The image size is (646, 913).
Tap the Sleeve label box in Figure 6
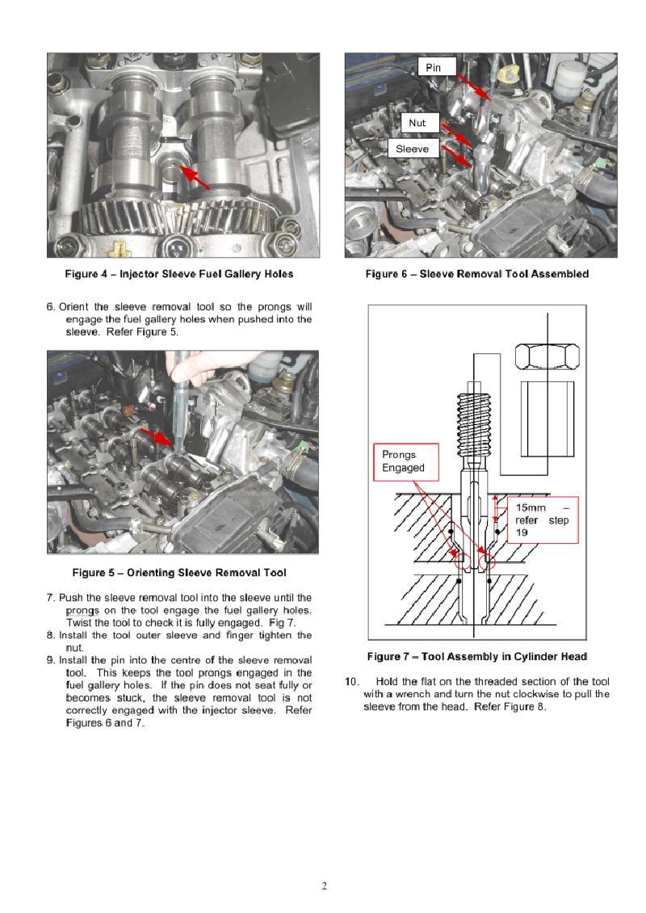coord(413,149)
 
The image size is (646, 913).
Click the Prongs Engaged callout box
coord(405,461)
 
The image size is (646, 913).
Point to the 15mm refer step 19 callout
coord(543,520)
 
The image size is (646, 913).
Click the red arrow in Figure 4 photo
coord(195,177)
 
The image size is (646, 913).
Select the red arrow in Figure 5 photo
coord(157,438)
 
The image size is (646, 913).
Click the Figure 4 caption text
coord(179,274)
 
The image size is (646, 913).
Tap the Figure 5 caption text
coord(179,572)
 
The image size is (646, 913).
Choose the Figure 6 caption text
coord(477,274)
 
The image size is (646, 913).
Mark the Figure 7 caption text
coord(477,656)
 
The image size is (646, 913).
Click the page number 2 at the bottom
coord(324,886)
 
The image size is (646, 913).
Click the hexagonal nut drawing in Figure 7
coord(547,356)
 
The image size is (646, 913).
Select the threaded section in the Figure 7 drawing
coord(474,425)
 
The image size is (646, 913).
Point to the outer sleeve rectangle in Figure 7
coord(547,419)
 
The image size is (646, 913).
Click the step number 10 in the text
coord(351,681)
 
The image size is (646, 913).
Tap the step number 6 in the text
coord(51,307)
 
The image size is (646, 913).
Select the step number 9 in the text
coord(51,660)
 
